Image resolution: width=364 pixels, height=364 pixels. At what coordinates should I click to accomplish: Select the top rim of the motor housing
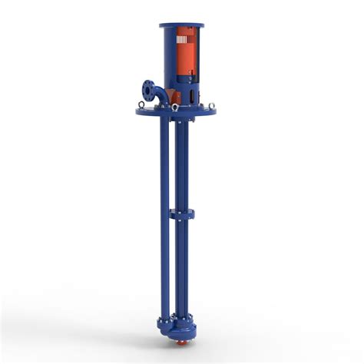182,24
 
